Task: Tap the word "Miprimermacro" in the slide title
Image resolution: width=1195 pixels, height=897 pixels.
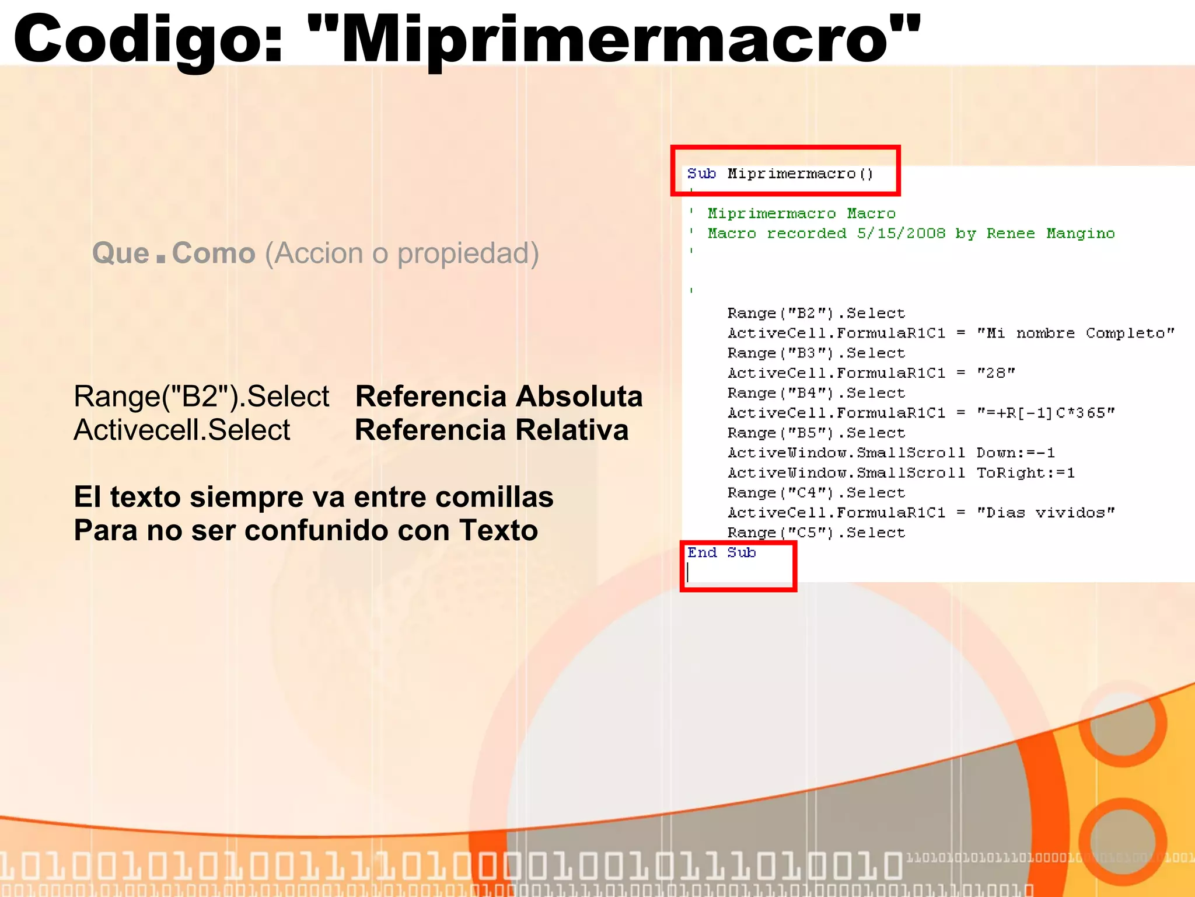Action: pyautogui.click(x=613, y=40)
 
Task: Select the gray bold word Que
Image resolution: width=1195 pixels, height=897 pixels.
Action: pyautogui.click(x=121, y=253)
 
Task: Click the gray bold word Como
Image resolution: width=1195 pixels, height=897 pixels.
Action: pyautogui.click(x=214, y=253)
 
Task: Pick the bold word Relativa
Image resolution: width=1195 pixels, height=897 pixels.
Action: pyautogui.click(x=572, y=430)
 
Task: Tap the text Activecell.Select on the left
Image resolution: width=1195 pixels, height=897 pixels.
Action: pyautogui.click(x=182, y=430)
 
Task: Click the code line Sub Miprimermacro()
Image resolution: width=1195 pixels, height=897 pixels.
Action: pyautogui.click(x=780, y=174)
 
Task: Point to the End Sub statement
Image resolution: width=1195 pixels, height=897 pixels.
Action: pyautogui.click(x=721, y=552)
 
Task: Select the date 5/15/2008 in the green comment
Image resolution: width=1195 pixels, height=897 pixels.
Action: pyautogui.click(x=901, y=234)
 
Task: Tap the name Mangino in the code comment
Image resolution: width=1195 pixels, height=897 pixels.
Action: pyautogui.click(x=1080, y=234)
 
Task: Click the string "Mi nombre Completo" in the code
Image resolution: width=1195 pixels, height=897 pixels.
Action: pyautogui.click(x=1075, y=333)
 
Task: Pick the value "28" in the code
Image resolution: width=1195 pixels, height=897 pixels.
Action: pyautogui.click(x=996, y=373)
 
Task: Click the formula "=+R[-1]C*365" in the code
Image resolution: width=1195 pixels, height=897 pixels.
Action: pyautogui.click(x=1046, y=413)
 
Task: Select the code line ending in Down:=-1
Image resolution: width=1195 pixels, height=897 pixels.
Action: pyautogui.click(x=891, y=453)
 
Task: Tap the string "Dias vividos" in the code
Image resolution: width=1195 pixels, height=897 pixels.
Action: pyautogui.click(x=1046, y=513)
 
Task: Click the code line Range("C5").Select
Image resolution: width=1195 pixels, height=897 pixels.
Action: pyautogui.click(x=816, y=533)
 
